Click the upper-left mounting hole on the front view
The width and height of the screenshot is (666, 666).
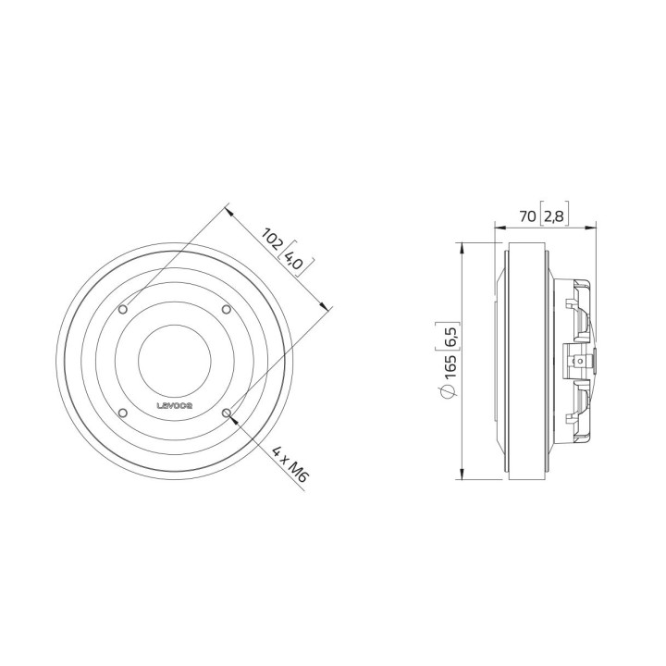pos(127,309)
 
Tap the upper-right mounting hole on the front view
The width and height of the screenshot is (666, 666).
pos(227,309)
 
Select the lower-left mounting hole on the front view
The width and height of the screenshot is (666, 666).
pos(127,413)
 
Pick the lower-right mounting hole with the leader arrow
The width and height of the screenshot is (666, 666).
pos(227,413)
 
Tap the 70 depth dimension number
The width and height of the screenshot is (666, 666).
pos(528,217)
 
